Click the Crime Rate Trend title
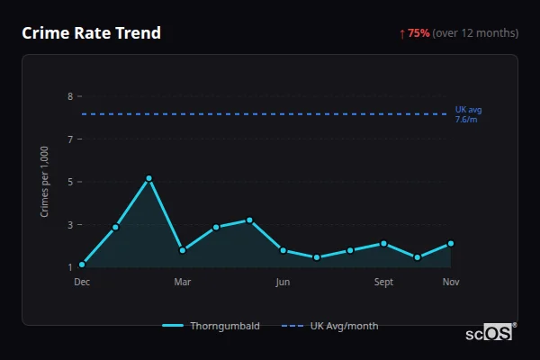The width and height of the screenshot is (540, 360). (x=91, y=33)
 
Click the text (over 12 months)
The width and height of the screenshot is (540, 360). (x=475, y=33)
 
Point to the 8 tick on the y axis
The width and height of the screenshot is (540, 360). (x=69, y=96)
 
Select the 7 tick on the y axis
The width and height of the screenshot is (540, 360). (x=69, y=139)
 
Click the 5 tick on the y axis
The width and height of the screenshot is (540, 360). (x=69, y=182)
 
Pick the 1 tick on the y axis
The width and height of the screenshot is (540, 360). (x=69, y=267)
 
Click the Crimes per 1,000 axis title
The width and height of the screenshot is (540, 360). (x=44, y=182)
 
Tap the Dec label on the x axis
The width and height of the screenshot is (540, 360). (x=82, y=283)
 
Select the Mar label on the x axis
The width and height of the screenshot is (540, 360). (x=182, y=283)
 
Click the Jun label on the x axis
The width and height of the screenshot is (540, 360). (x=283, y=283)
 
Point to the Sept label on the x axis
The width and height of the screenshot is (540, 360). (x=383, y=283)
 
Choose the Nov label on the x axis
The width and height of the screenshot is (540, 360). (x=451, y=283)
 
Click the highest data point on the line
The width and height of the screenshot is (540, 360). (x=148, y=178)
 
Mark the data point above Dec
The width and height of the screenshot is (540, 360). (x=82, y=265)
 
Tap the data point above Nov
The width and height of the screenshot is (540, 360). (x=451, y=243)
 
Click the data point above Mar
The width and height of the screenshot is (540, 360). (x=182, y=250)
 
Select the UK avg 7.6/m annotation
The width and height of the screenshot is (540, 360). (x=468, y=114)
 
